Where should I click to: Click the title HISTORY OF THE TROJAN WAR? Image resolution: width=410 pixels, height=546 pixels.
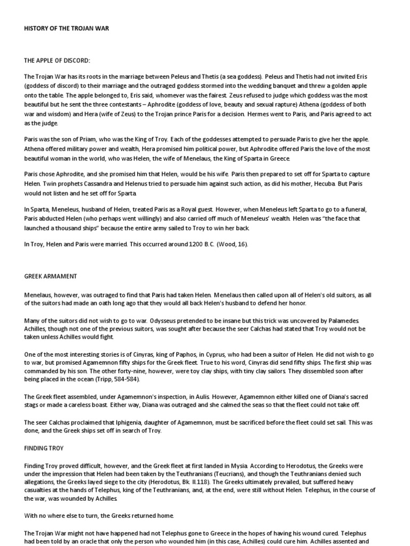click(x=66, y=28)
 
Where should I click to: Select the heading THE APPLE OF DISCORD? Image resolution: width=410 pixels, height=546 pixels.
click(x=53, y=61)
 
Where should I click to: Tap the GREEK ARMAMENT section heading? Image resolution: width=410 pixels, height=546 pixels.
click(x=51, y=276)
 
